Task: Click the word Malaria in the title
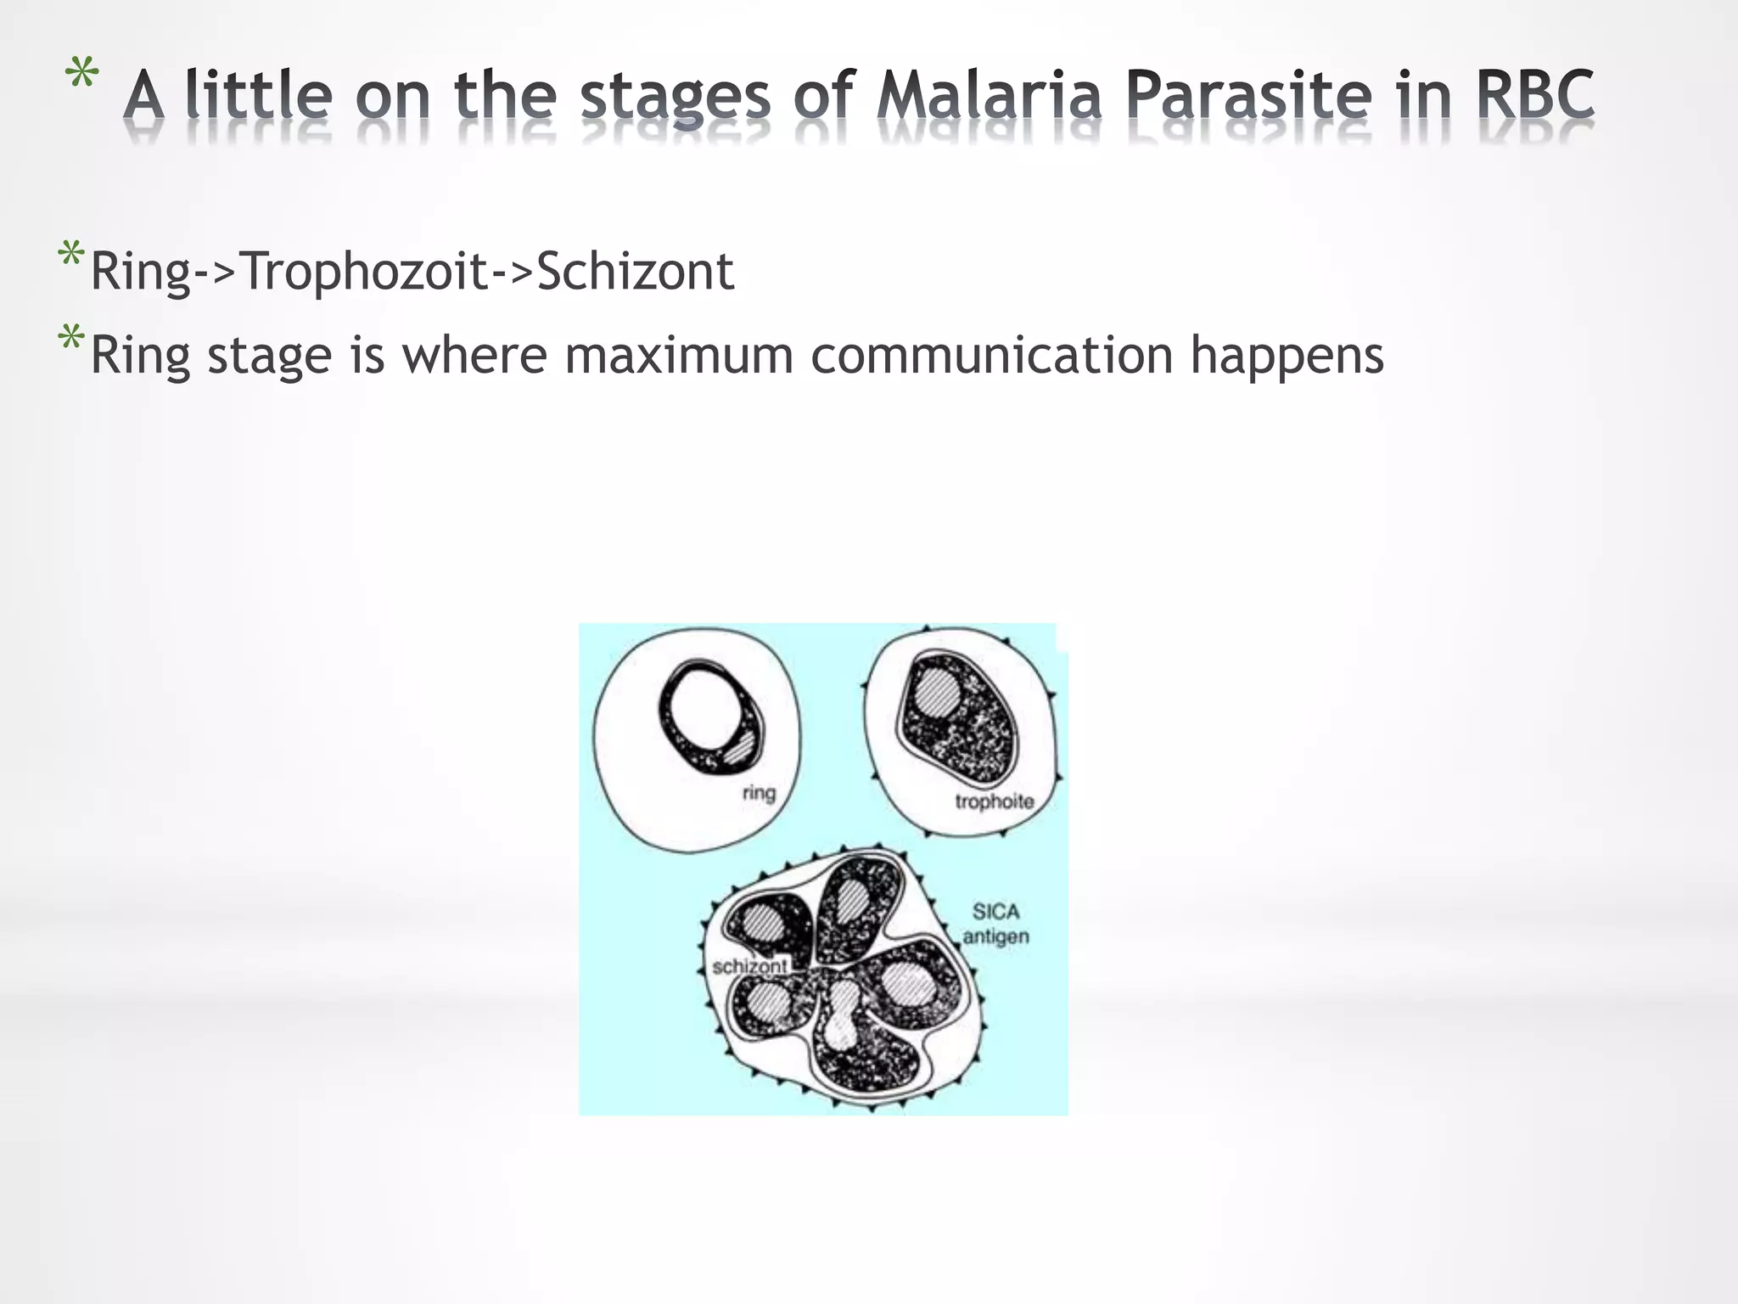[x=990, y=95]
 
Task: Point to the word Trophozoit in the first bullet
[x=365, y=272]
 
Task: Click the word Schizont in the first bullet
[x=635, y=272]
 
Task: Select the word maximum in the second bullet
[x=679, y=355]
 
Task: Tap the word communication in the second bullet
[x=991, y=355]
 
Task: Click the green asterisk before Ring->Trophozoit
[x=70, y=256]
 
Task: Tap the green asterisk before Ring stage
[x=70, y=339]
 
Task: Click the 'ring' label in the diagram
[x=759, y=793]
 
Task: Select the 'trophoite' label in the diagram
[x=994, y=801]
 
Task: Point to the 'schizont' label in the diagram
[x=749, y=966]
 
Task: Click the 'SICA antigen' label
[x=995, y=924]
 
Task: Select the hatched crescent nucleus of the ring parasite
[x=740, y=749]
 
